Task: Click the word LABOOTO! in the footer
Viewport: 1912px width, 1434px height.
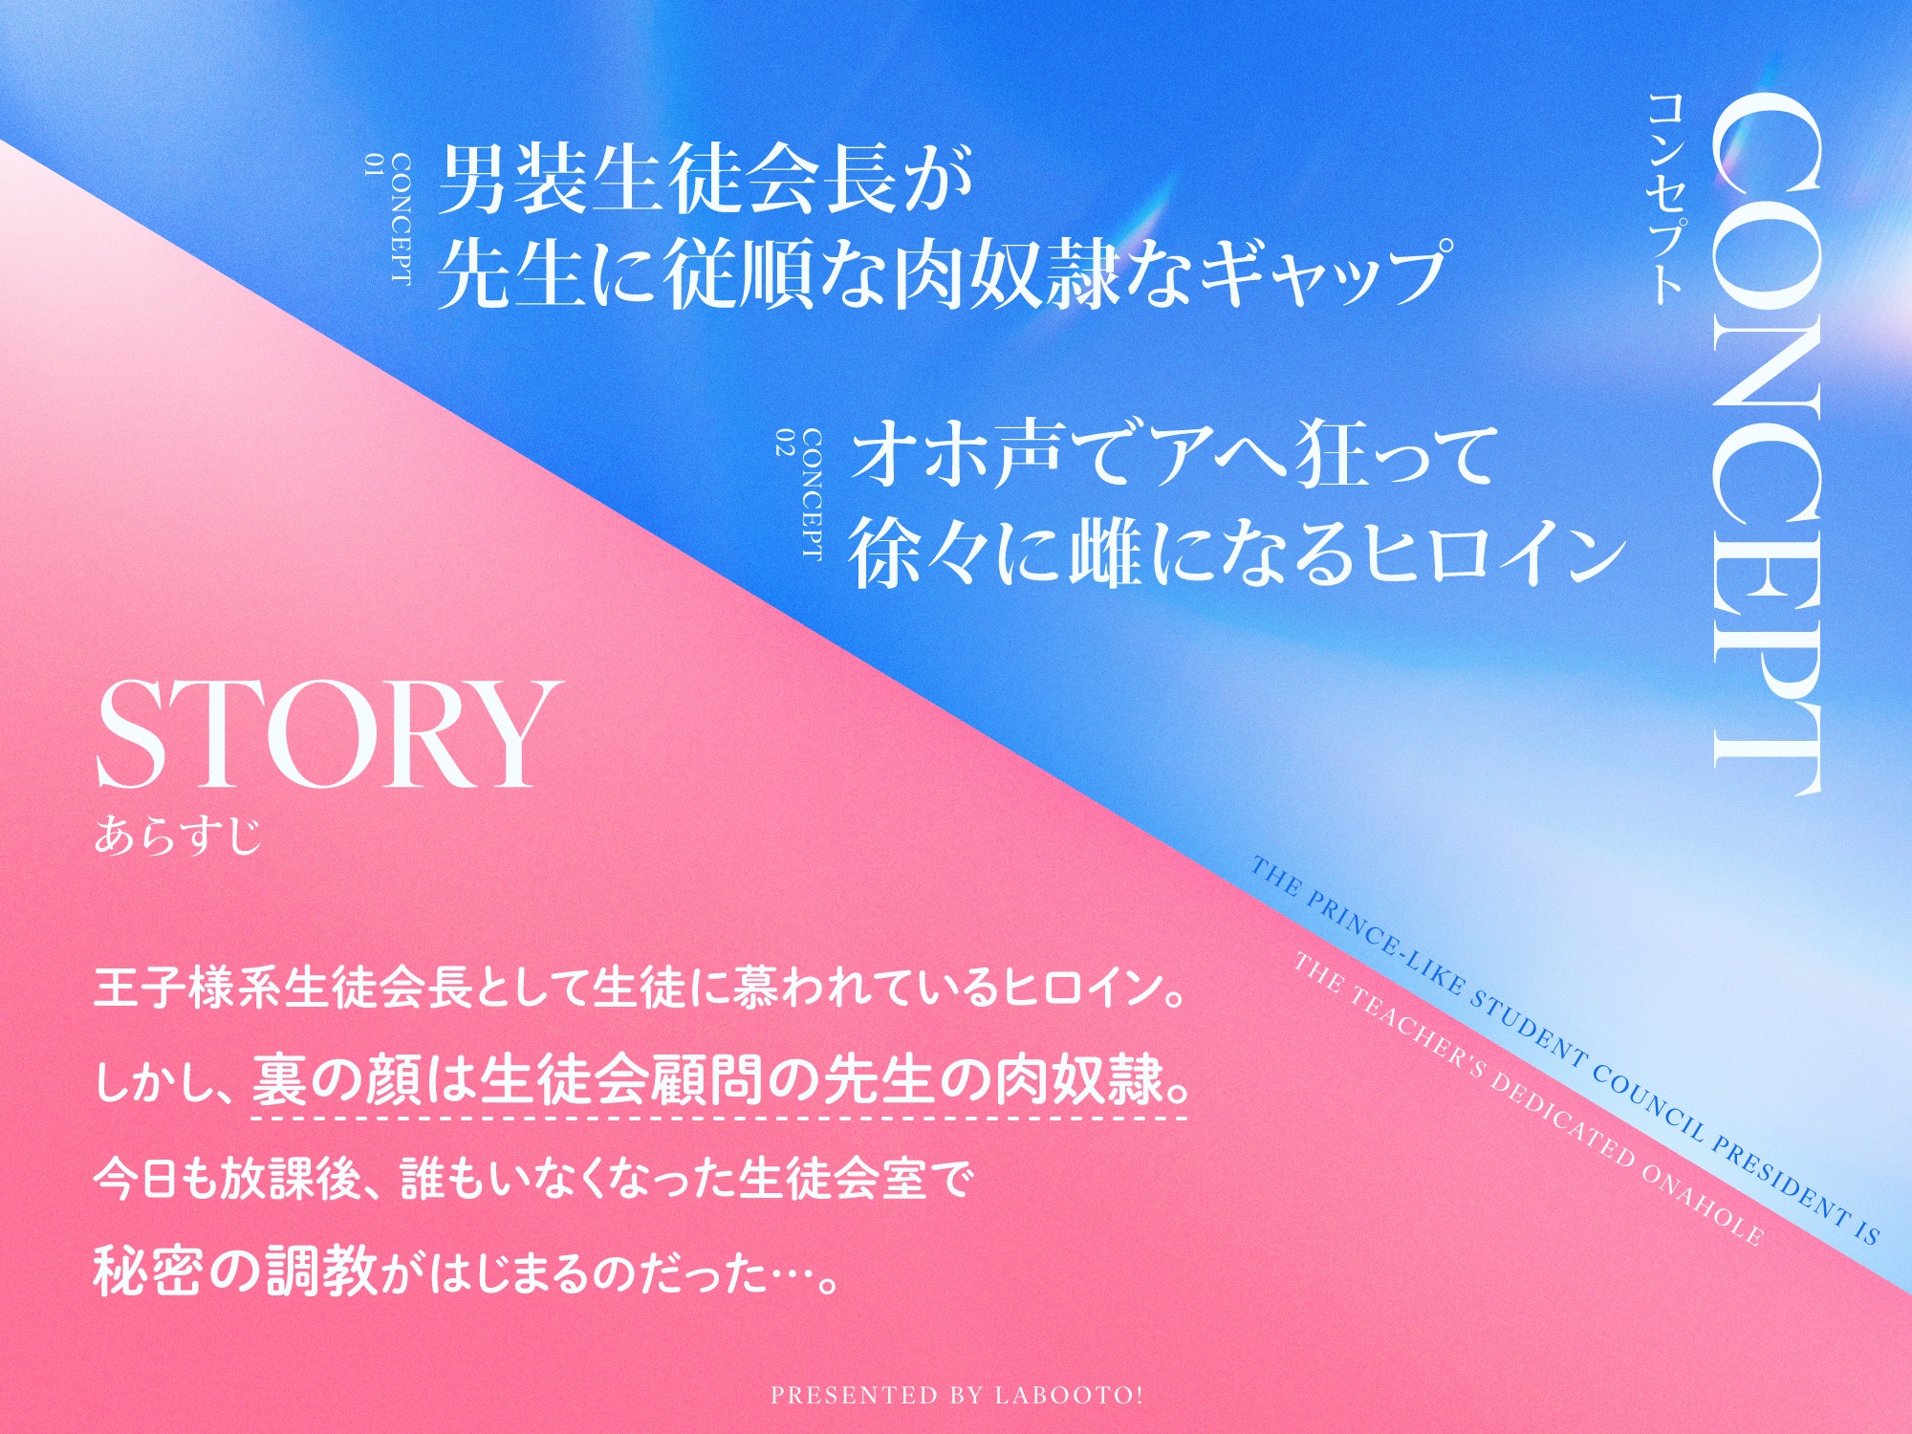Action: pos(1069,1395)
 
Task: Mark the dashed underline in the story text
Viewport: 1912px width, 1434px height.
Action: pos(720,1117)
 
